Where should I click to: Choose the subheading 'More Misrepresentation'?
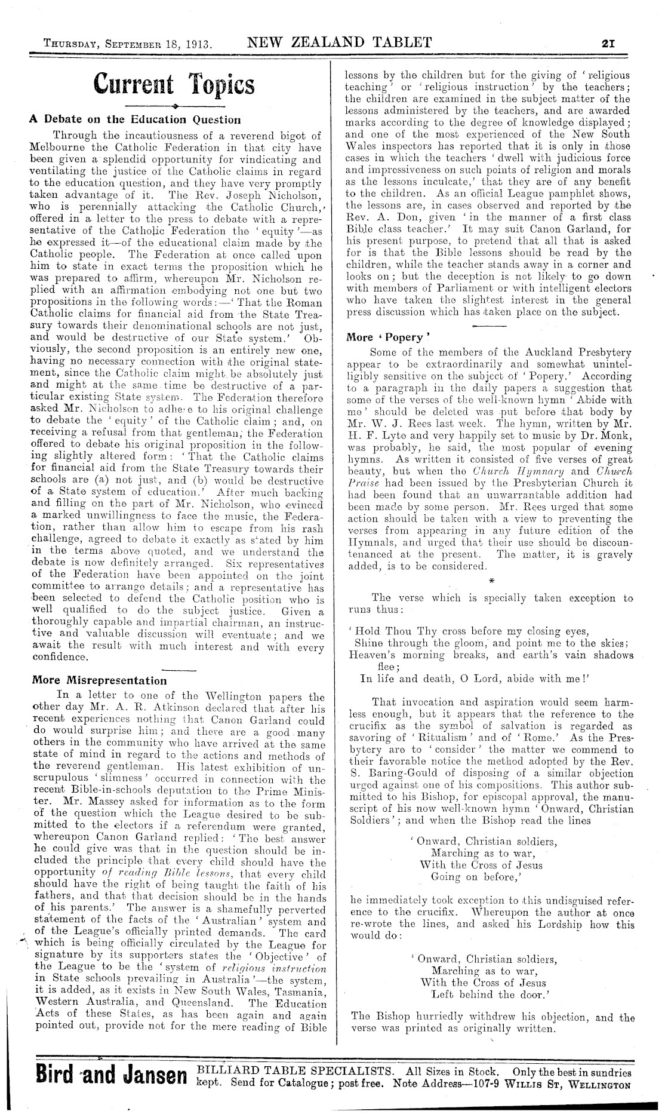point(99,680)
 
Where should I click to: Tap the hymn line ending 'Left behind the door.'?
point(487,995)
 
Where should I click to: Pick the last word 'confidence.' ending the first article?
point(60,657)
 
